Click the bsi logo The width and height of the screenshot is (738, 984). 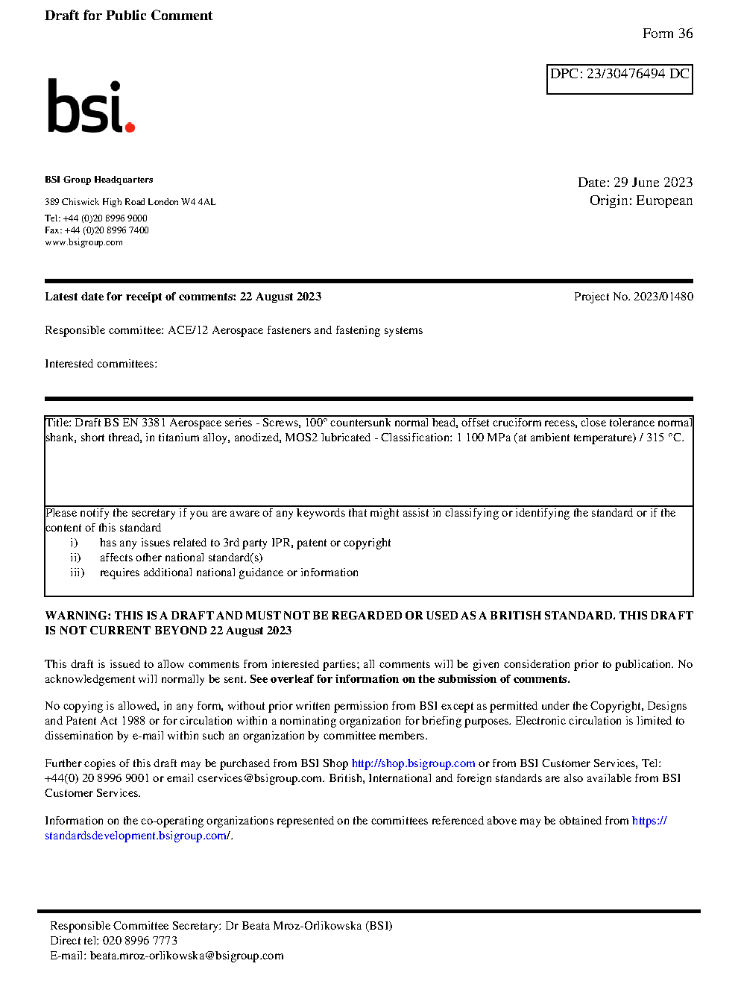click(90, 107)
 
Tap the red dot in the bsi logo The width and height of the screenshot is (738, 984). click(130, 127)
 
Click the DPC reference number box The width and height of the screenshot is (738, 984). click(619, 79)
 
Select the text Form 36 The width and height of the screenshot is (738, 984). click(667, 34)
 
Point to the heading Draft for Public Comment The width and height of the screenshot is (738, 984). click(128, 16)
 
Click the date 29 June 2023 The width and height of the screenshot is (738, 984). click(653, 183)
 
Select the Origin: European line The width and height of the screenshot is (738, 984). click(641, 201)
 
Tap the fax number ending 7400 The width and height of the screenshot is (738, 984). click(107, 230)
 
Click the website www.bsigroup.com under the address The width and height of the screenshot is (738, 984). click(83, 242)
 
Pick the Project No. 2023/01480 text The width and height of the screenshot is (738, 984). click(633, 297)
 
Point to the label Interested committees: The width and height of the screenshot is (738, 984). click(101, 364)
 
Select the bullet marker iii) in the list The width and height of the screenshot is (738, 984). click(78, 573)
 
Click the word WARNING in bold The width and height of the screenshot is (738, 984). click(78, 616)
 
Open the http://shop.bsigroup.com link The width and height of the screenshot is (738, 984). click(413, 763)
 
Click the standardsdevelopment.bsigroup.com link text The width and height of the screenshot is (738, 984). click(136, 836)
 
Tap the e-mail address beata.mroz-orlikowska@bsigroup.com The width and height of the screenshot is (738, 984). click(186, 956)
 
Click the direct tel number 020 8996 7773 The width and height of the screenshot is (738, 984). click(139, 941)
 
